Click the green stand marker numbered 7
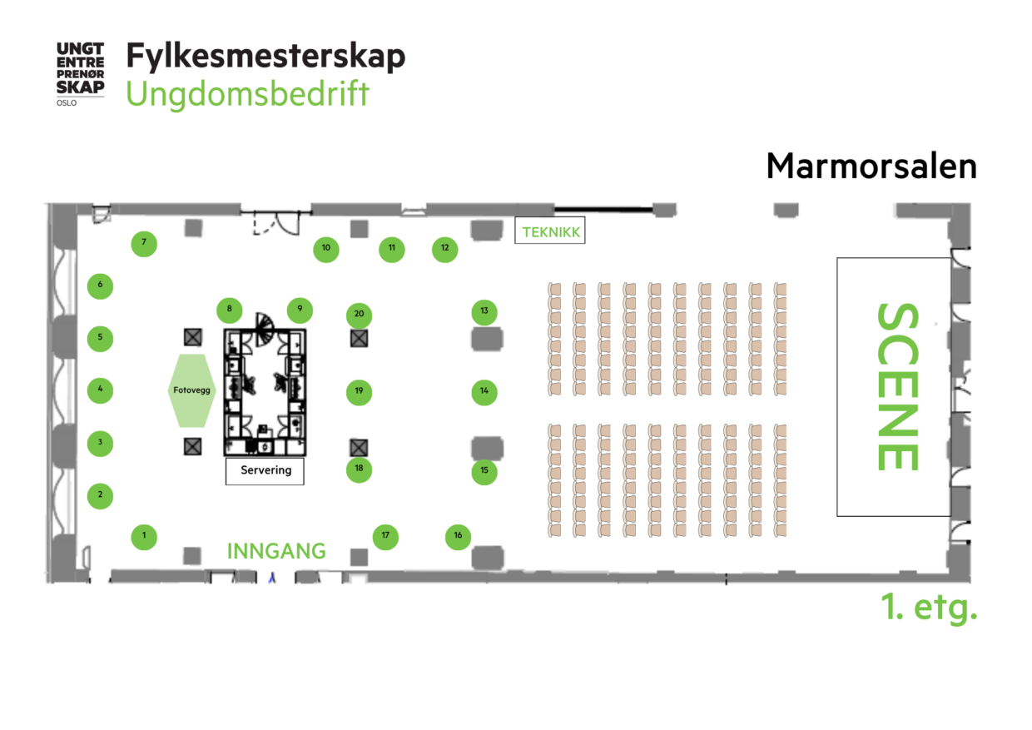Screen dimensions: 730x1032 click(x=144, y=244)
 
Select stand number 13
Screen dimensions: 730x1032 click(x=484, y=312)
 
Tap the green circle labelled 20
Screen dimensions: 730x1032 click(x=359, y=315)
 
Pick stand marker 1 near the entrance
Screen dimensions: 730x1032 click(x=144, y=536)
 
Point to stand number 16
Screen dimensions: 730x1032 click(x=458, y=536)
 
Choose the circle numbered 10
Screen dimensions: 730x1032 click(x=325, y=248)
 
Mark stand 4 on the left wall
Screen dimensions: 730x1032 click(x=100, y=390)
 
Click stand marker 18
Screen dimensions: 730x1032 click(x=359, y=469)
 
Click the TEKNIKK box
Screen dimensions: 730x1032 click(x=549, y=232)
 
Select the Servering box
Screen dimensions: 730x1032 click(x=265, y=470)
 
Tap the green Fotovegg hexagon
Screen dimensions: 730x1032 click(x=191, y=390)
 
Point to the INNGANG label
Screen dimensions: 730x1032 click(x=276, y=551)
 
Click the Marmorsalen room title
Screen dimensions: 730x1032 click(x=871, y=166)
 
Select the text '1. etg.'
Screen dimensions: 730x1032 click(x=929, y=608)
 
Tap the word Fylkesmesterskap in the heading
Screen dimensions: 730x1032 click(x=265, y=56)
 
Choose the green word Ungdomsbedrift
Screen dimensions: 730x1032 click(x=247, y=94)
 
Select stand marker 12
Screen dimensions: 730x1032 click(x=444, y=248)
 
